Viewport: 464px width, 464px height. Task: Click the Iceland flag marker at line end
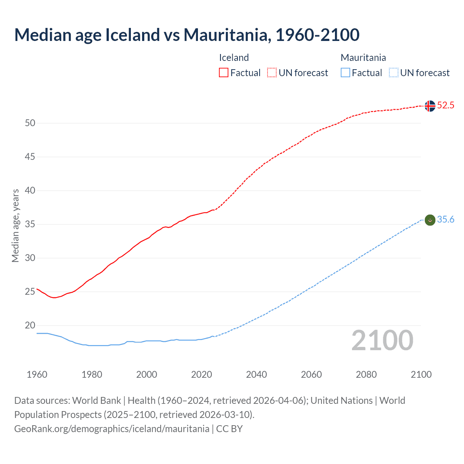point(430,106)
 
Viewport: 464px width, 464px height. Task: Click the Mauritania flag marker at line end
point(430,220)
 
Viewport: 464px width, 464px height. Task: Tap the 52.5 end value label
point(446,105)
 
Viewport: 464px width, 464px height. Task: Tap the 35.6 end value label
point(446,220)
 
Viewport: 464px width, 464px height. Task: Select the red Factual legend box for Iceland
point(224,72)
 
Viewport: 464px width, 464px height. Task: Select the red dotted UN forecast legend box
point(272,72)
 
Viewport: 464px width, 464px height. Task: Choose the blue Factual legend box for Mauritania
point(345,72)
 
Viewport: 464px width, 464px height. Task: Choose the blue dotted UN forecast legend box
point(393,72)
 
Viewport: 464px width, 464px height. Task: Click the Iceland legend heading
point(234,58)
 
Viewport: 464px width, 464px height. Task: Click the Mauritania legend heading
point(363,58)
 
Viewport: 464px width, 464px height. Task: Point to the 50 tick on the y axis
point(30,123)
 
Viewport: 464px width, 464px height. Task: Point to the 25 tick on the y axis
point(30,292)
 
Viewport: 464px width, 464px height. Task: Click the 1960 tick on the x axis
point(37,374)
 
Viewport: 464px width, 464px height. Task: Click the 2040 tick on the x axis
point(256,374)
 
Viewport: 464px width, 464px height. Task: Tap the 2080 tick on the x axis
point(366,374)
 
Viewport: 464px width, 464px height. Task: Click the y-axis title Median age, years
point(15,225)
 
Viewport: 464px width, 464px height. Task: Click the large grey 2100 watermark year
point(382,340)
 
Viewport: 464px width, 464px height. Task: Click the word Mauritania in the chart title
point(227,35)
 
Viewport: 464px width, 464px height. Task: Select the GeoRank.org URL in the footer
point(112,429)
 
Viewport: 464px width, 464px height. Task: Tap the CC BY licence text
point(229,429)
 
